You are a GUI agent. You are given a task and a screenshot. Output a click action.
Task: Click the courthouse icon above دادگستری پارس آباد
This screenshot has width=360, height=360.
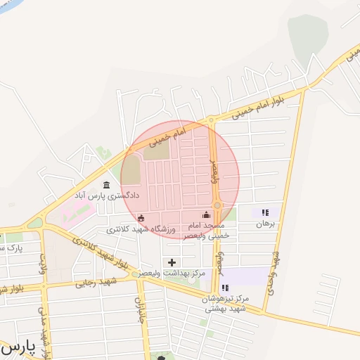106,185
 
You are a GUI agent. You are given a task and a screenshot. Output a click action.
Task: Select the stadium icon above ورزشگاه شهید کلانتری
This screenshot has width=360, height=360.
141,218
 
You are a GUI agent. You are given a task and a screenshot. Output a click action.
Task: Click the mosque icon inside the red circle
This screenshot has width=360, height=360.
206,215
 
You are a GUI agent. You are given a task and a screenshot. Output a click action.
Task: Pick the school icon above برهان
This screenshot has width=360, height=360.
265,212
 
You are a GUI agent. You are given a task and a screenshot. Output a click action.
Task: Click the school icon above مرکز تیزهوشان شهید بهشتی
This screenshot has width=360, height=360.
225,288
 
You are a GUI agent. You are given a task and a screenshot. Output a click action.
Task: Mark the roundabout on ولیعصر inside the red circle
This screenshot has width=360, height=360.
217,205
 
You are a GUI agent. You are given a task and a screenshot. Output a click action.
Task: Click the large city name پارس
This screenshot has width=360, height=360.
15,348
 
